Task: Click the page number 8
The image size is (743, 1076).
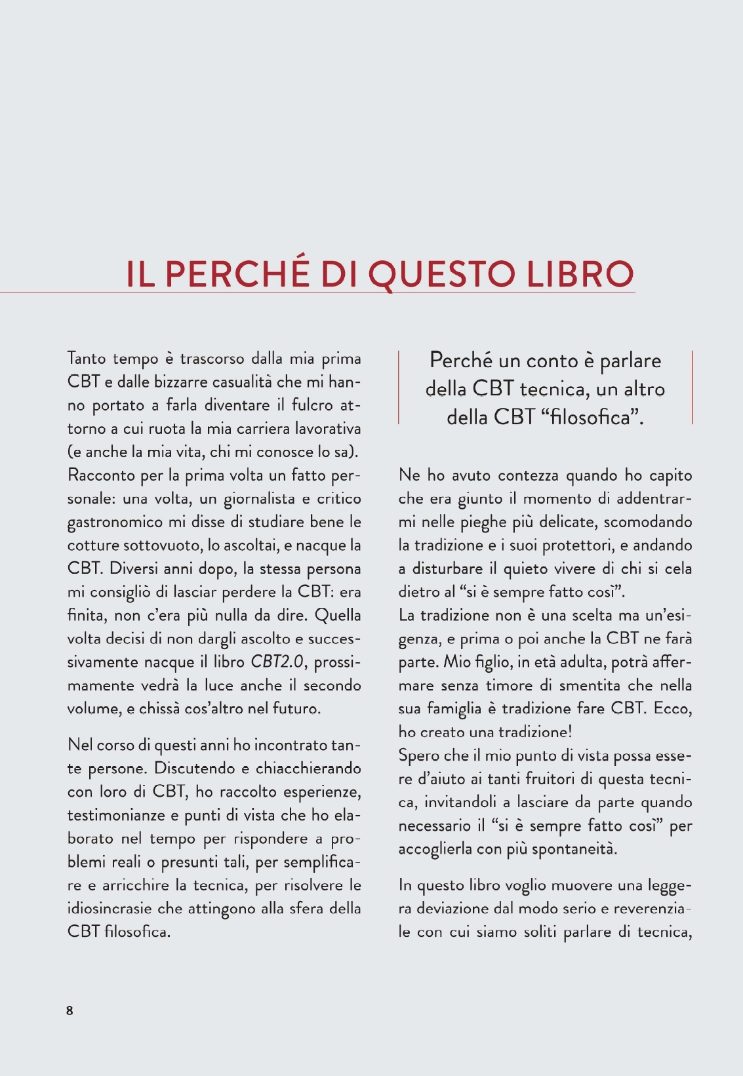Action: coord(70,1010)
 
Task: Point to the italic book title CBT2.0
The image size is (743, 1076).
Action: coord(277,662)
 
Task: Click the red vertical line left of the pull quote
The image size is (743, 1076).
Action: coord(399,387)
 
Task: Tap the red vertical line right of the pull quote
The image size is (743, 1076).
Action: coord(692,387)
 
